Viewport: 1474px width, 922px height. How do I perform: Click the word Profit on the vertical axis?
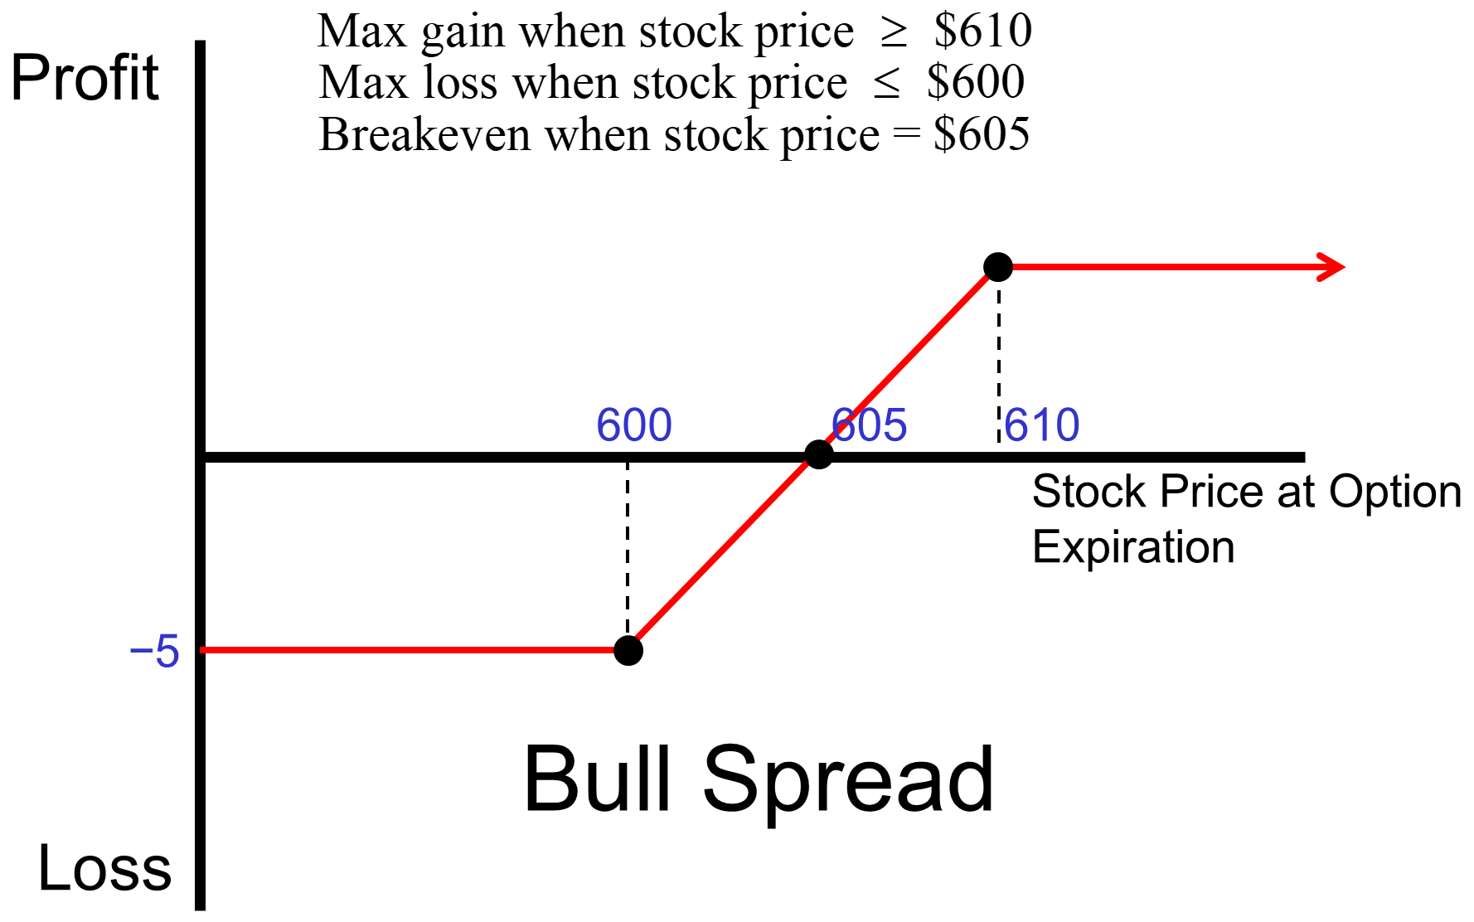(85, 78)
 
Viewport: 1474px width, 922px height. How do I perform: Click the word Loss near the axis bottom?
(104, 868)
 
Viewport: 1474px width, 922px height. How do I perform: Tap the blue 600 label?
(634, 425)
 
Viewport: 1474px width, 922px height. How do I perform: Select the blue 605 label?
(870, 425)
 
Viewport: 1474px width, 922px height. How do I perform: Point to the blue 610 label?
(1042, 425)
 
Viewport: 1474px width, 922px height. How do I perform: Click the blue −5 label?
(155, 652)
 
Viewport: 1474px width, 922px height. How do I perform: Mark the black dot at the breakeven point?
(818, 454)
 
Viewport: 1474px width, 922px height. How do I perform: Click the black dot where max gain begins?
(998, 267)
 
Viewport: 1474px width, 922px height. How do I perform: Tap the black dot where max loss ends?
(628, 651)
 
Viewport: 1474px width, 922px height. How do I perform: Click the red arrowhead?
(1331, 267)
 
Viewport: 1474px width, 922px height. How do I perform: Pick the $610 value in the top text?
(983, 31)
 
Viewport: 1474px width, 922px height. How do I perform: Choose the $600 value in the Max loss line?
(976, 82)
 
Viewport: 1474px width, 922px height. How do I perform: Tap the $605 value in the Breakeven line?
(982, 134)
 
